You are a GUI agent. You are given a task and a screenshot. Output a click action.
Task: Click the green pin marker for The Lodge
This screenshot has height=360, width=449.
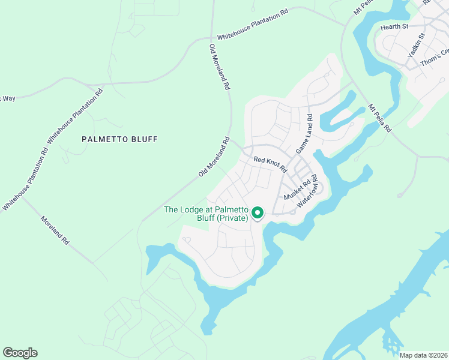pos(258,212)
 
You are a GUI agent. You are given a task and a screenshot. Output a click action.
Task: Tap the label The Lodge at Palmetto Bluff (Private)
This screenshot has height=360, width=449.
pos(206,214)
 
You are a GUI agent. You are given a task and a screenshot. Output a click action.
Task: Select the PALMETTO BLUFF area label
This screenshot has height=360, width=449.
pos(119,139)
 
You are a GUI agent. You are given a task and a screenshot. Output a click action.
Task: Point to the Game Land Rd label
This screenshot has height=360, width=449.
pos(304,134)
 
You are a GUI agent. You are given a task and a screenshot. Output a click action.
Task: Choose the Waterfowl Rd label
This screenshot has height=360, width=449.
pos(307,194)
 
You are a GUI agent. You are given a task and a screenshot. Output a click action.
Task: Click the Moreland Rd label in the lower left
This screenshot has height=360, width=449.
pos(55,230)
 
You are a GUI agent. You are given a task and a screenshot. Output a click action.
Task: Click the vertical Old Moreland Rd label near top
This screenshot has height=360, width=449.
pos(219,67)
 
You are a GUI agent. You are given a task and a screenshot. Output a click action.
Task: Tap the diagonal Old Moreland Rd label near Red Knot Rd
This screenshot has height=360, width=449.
pos(214,157)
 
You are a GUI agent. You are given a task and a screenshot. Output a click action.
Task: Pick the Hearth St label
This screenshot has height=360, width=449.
pos(394,27)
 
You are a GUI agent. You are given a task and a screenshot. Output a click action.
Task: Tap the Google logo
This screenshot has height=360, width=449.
pos(20,353)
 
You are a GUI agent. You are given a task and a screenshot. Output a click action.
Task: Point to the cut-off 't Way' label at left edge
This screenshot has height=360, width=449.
pos(7,98)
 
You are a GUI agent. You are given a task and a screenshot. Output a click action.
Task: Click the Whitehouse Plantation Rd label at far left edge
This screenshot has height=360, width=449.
pos(25,179)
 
